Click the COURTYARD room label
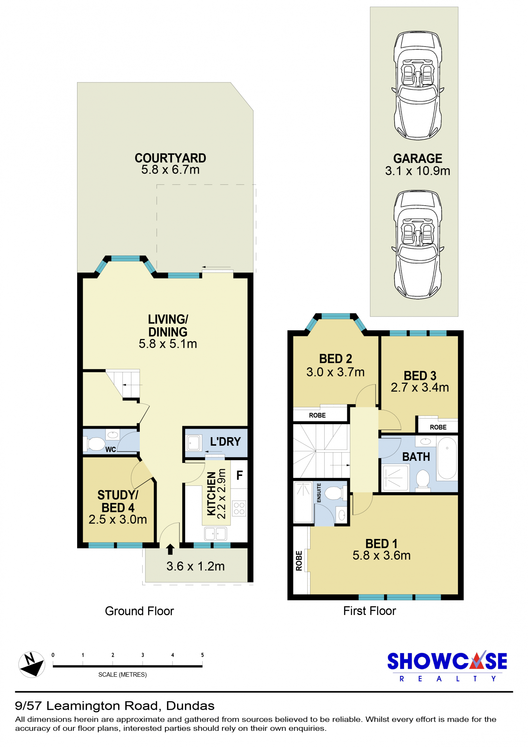point(170,158)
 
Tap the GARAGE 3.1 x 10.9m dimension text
point(417,171)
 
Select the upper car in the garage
point(417,86)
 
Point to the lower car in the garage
point(417,245)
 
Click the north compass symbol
point(32,664)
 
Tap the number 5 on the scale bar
point(202,655)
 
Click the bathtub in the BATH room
point(447,458)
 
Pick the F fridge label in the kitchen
point(239,475)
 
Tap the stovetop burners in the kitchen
point(239,508)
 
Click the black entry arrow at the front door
point(170,549)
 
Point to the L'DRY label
point(225,441)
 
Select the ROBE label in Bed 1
point(299,561)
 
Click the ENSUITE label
point(319,493)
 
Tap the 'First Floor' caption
point(370,611)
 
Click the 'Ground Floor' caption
point(139,611)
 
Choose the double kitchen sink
point(215,534)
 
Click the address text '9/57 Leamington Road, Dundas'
point(115,706)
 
